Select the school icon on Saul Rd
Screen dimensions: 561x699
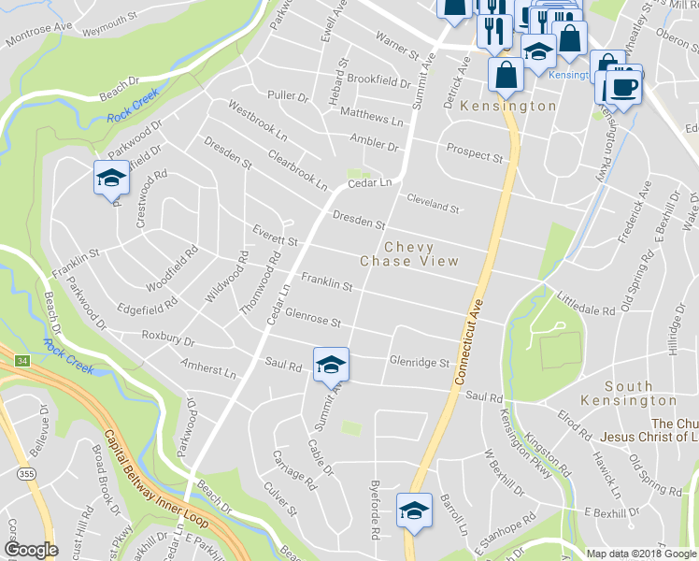[x=330, y=365]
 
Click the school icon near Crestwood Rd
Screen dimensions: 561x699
[x=110, y=178]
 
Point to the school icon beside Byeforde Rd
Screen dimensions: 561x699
[x=413, y=511]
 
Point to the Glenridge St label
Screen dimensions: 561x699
[x=420, y=362]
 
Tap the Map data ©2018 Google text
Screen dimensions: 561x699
[x=640, y=554]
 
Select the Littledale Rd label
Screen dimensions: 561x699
[x=586, y=305]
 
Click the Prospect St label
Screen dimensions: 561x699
[x=475, y=152]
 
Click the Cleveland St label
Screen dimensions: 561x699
[x=434, y=202]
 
